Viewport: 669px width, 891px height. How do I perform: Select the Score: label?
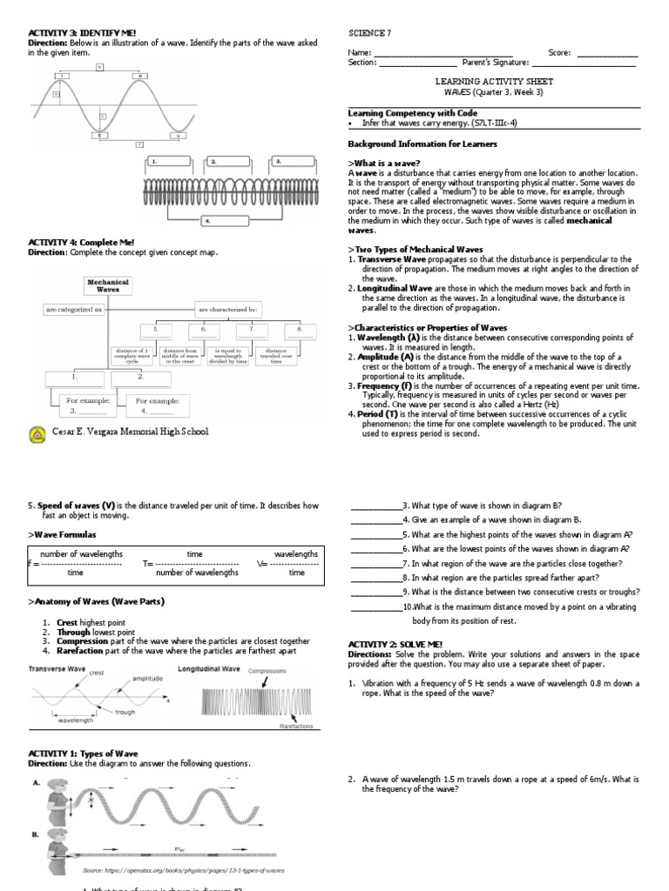coord(559,53)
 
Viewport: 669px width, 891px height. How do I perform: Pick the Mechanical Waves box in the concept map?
coord(108,286)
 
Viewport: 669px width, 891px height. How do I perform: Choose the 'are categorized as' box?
coord(74,309)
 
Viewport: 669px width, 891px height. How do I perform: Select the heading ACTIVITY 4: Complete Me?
coord(81,241)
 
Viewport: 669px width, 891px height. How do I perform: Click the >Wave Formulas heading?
coord(62,533)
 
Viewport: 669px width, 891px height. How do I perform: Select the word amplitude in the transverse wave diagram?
coord(146,678)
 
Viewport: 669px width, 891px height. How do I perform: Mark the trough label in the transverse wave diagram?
coord(125,712)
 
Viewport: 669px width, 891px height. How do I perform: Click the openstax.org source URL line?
coord(183,870)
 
